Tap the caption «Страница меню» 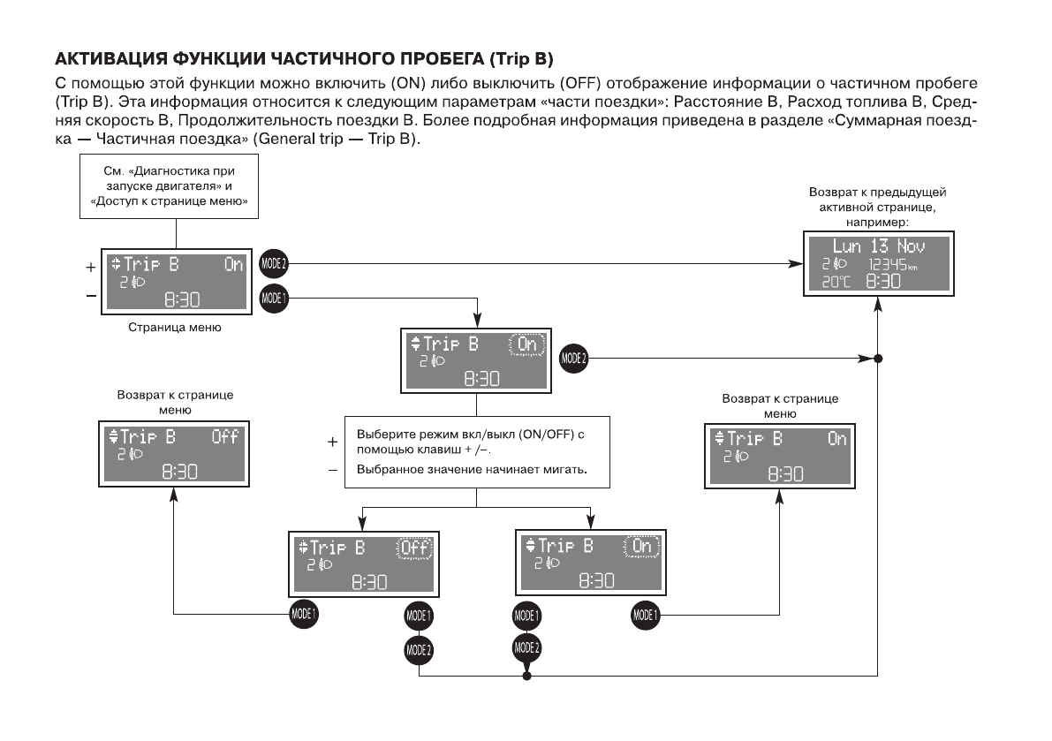pos(175,328)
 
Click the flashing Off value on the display pos(413,548)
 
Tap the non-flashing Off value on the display pos(224,437)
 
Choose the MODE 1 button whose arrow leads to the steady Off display pos(303,614)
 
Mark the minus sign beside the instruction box pos(333,470)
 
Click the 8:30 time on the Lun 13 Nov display pos(883,282)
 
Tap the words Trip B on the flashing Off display pos(337,548)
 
